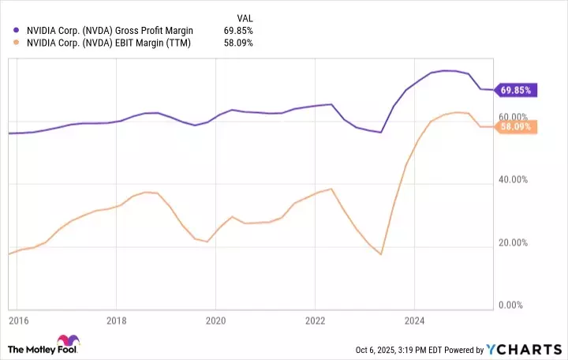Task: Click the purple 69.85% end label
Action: tap(517, 90)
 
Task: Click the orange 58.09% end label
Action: tap(517, 126)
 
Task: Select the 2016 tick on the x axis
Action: tap(17, 321)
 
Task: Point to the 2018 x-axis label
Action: tap(116, 321)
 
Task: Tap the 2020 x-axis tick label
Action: tap(215, 321)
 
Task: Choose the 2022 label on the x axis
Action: tap(315, 321)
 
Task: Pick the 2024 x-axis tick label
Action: tap(414, 321)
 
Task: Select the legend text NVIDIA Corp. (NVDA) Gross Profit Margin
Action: tap(108, 30)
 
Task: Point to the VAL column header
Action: tap(245, 17)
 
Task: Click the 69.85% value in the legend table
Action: tap(238, 30)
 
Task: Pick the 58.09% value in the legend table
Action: tap(238, 43)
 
